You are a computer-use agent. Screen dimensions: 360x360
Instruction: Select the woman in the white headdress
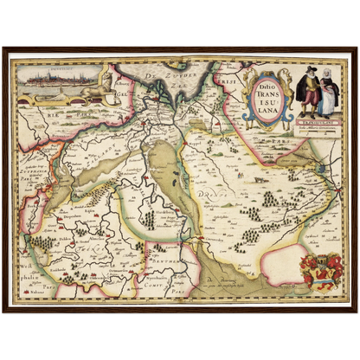[x=327, y=94]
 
